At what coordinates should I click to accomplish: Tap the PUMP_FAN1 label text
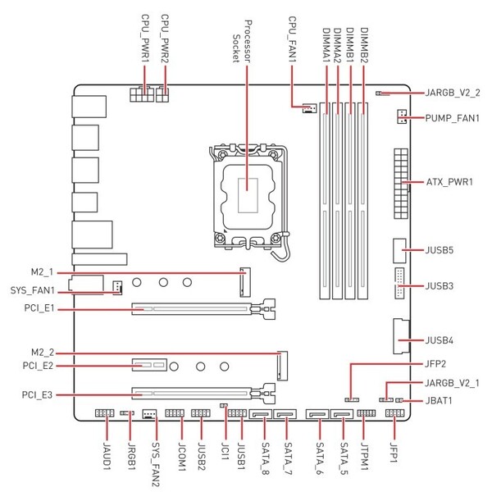click(452, 119)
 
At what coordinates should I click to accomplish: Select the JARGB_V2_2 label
click(453, 93)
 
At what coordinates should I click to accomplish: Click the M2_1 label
click(40, 271)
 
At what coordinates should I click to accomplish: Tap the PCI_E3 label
click(38, 395)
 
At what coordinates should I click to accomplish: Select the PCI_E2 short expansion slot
click(148, 362)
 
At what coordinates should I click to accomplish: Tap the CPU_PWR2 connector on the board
click(164, 96)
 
